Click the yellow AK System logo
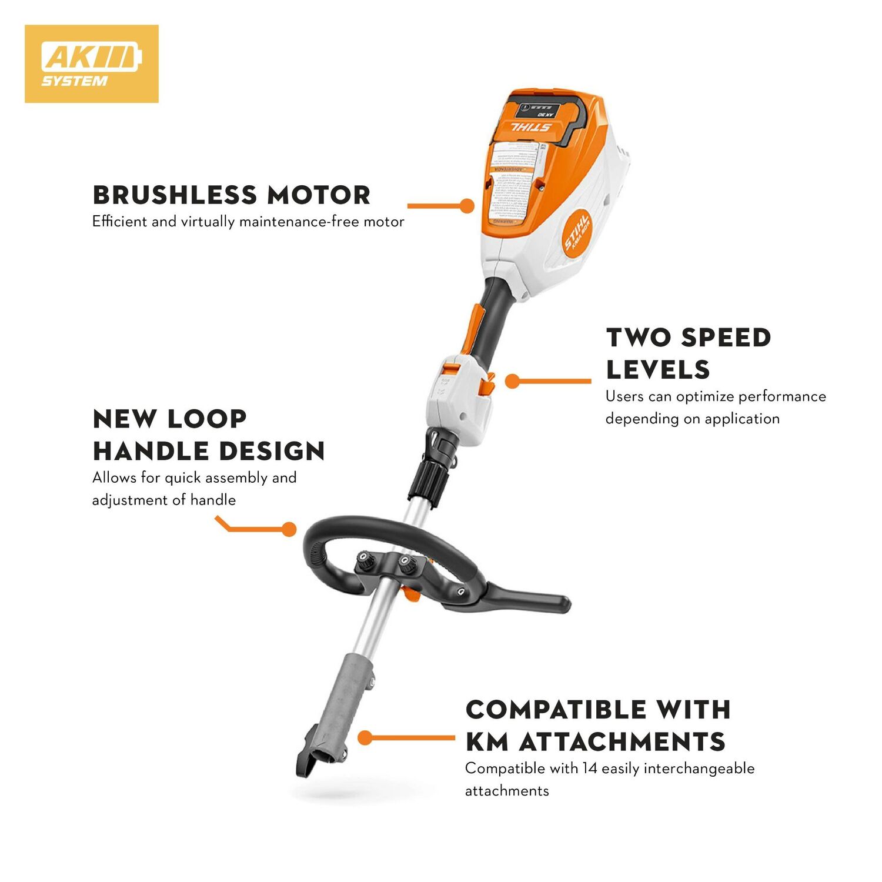[x=91, y=64]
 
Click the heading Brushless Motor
[x=232, y=195]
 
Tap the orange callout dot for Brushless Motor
[x=467, y=206]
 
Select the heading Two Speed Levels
[x=688, y=353]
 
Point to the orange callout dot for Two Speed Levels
[x=512, y=381]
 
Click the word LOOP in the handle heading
[x=207, y=419]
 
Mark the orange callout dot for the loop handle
[x=289, y=529]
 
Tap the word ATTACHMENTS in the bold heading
[x=622, y=742]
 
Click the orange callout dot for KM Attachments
[x=365, y=737]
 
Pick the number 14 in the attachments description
[x=590, y=769]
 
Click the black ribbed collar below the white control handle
[x=429, y=478]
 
